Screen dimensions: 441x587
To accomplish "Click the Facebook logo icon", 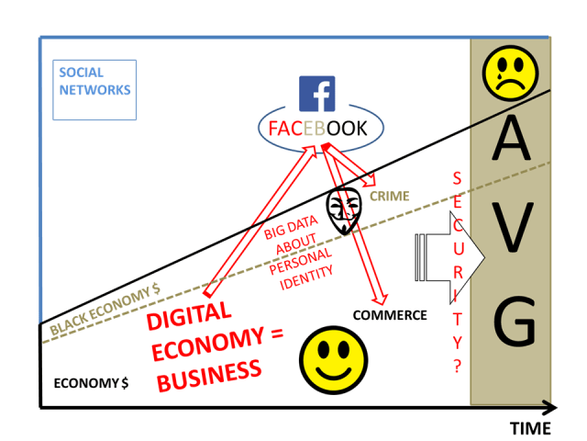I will coord(317,93).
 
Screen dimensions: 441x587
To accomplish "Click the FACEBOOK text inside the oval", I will coord(317,129).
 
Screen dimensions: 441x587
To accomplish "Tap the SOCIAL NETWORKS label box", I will coord(94,90).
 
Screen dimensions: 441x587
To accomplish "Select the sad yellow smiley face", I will coord(509,72).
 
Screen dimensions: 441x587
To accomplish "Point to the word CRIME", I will coord(390,196).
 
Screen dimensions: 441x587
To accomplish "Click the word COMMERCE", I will coord(390,315).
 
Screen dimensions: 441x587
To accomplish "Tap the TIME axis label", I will coord(530,428).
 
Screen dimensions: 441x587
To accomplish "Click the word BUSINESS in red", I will coord(208,374).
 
